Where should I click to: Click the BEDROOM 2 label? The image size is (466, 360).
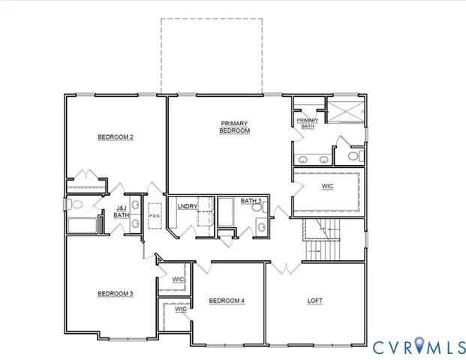[116, 137]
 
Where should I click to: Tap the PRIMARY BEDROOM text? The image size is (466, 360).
[234, 127]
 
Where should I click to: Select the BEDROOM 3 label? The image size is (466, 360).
[116, 293]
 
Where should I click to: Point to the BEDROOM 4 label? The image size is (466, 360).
[227, 301]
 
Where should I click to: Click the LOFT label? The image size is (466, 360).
[316, 301]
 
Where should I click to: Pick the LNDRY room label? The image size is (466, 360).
[187, 206]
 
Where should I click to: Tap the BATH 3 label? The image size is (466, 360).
[251, 201]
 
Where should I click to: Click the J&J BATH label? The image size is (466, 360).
[122, 212]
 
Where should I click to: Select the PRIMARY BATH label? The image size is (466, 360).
[308, 123]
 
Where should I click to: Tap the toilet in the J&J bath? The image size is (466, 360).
[75, 203]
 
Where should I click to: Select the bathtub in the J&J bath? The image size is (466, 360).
[83, 225]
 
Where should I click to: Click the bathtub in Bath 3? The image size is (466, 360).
[226, 214]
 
